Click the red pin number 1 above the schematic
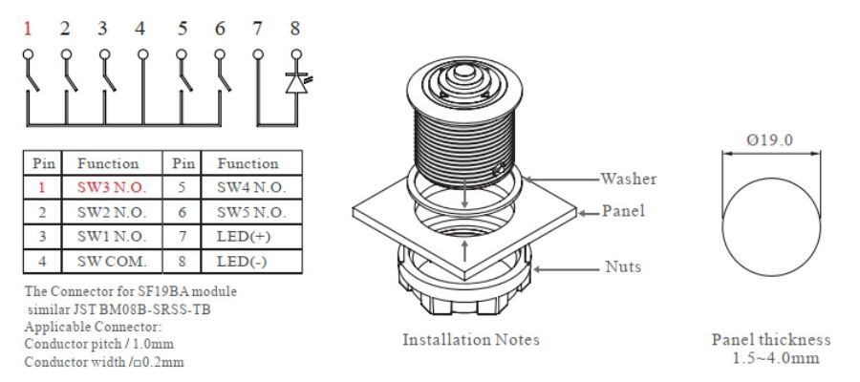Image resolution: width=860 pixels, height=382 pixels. pos(27,28)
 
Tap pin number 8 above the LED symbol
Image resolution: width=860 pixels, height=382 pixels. pos(295,28)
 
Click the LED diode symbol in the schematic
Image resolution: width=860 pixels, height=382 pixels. pos(295,83)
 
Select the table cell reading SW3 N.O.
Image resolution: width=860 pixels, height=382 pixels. pos(111,187)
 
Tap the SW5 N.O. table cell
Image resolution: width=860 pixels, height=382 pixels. pos(251,211)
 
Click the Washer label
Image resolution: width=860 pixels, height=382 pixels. pos(628,179)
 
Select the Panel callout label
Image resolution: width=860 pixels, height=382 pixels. pos(622,211)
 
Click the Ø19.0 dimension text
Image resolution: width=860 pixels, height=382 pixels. pos(773,142)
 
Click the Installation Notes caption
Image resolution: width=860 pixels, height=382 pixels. pos(470,339)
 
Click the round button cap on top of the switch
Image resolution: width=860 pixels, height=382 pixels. pos(462,74)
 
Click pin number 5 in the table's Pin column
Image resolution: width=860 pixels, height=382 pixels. pos(178,187)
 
